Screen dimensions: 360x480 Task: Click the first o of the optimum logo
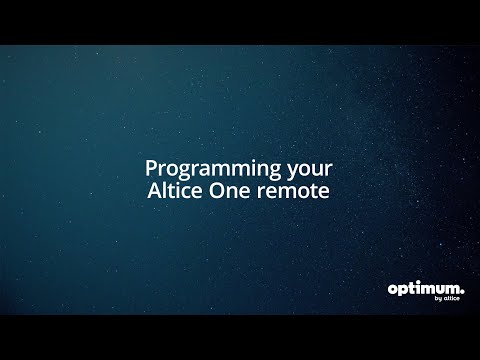tap(393, 289)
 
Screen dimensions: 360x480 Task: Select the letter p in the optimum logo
tap(402, 291)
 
